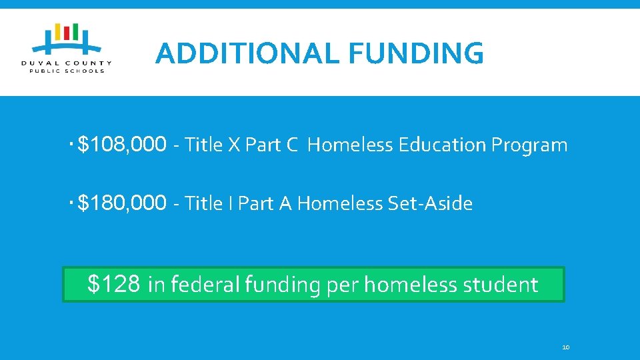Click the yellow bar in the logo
(x=58, y=33)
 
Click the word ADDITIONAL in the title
(x=247, y=53)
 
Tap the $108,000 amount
(x=122, y=144)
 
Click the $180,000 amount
(x=122, y=203)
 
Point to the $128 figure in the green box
(x=114, y=285)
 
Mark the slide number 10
(x=566, y=347)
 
